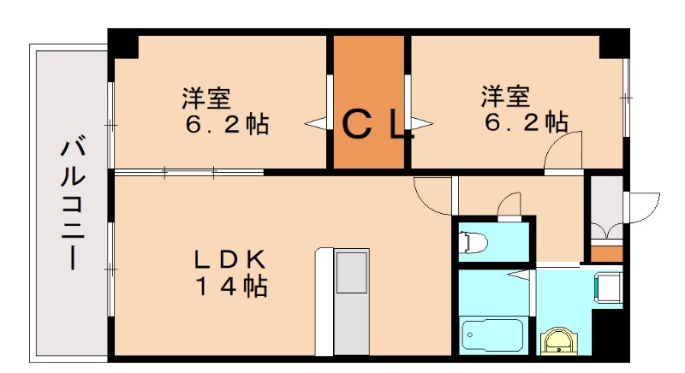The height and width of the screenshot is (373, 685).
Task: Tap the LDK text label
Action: pyautogui.click(x=230, y=258)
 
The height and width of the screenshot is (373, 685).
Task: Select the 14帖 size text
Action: pyautogui.click(x=230, y=286)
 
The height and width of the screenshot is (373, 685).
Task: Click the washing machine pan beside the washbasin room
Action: pyautogui.click(x=609, y=286)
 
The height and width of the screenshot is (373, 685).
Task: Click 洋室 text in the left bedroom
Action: pyautogui.click(x=205, y=97)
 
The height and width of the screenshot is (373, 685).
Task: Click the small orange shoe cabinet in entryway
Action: pyautogui.click(x=607, y=253)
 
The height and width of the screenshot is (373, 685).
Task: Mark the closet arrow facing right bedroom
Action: pyautogui.click(x=422, y=123)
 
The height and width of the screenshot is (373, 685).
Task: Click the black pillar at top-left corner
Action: pyautogui.click(x=123, y=42)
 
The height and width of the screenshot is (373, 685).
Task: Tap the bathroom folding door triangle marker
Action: pyautogui.click(x=518, y=274)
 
